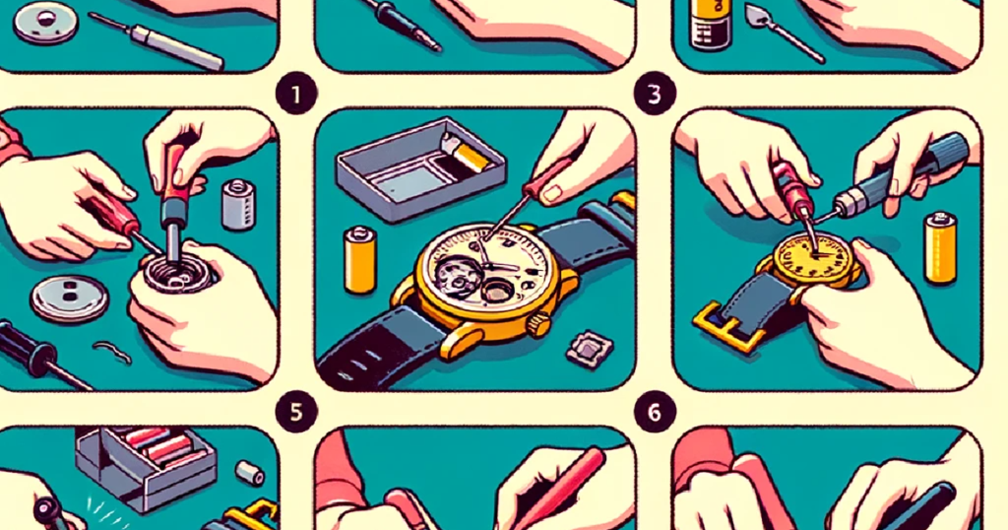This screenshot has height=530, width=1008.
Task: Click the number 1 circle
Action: [x=295, y=95]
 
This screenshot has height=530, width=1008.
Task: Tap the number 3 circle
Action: [x=655, y=95]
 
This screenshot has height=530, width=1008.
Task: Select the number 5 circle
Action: [x=295, y=412]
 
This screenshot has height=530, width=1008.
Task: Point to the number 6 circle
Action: [x=655, y=412]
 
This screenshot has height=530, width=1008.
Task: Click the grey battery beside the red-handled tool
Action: [x=238, y=204]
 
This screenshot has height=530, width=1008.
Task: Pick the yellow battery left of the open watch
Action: [x=360, y=259]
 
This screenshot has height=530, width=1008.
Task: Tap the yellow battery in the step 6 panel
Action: [x=940, y=247]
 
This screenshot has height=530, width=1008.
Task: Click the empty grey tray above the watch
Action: [x=421, y=168]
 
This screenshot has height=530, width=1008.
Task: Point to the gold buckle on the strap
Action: [x=724, y=327]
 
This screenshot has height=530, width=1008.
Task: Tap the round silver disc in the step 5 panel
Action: [x=70, y=298]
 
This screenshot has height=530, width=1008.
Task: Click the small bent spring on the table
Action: [x=112, y=352]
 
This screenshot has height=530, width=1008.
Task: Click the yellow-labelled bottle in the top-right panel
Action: [x=710, y=25]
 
